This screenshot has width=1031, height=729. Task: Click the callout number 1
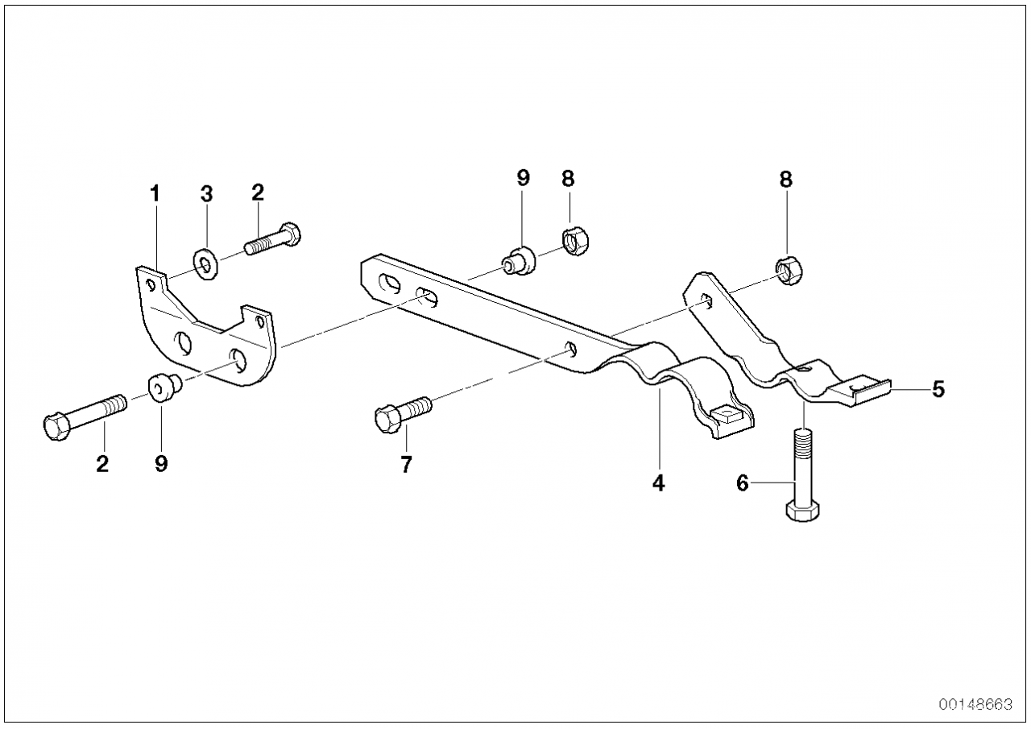pyautogui.click(x=155, y=194)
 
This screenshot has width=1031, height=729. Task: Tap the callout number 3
pyautogui.click(x=207, y=194)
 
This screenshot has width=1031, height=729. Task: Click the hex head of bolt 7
pyautogui.click(x=387, y=419)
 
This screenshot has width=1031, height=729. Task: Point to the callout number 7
pyautogui.click(x=406, y=465)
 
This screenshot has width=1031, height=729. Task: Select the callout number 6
pyautogui.click(x=743, y=483)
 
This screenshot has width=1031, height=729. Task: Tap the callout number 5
pyautogui.click(x=938, y=389)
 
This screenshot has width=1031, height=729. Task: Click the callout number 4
pyautogui.click(x=659, y=483)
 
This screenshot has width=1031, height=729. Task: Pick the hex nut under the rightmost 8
pyautogui.click(x=789, y=271)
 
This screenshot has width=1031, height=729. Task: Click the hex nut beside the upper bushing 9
pyautogui.click(x=576, y=242)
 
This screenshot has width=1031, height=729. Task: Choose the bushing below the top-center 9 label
pyautogui.click(x=519, y=262)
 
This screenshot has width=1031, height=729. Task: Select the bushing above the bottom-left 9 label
pyautogui.click(x=165, y=389)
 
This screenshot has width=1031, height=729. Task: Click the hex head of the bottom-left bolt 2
pyautogui.click(x=56, y=427)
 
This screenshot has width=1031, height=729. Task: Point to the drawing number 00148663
pyautogui.click(x=975, y=705)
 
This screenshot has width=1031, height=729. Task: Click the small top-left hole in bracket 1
pyautogui.click(x=150, y=285)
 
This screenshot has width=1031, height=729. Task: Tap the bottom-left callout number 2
pyautogui.click(x=102, y=464)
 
